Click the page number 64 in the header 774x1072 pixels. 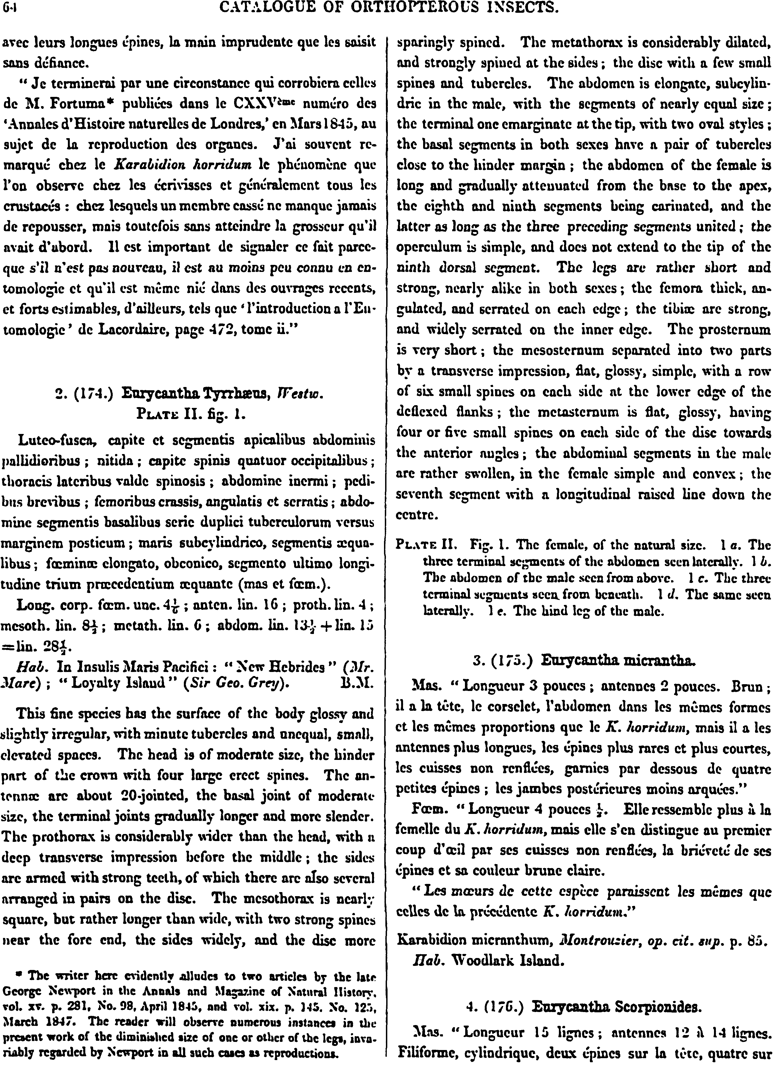coord(8,8)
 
